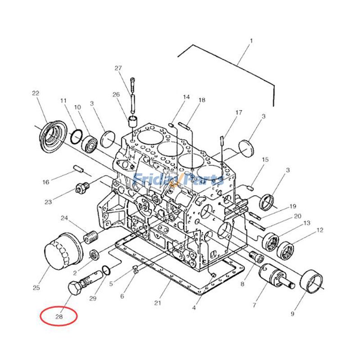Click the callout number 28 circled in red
59,316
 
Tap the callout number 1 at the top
251,41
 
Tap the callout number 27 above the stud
118,68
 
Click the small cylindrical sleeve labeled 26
133,121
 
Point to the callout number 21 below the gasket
157,303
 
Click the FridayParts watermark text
179,180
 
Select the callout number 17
238,112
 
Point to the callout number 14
186,97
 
